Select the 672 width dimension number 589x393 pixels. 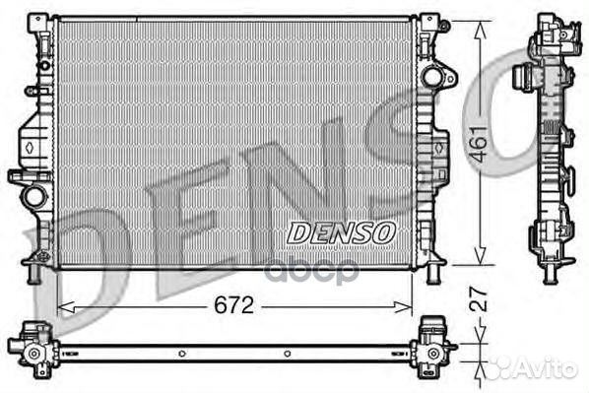pos(233,305)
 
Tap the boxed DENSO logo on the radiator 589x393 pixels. pos(341,232)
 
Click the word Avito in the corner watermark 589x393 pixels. pos(548,368)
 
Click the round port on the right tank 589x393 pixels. pos(431,76)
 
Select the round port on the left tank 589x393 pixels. pos(35,196)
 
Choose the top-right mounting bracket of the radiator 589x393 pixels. pos(428,24)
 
